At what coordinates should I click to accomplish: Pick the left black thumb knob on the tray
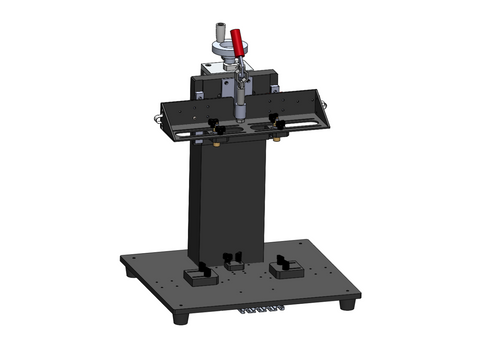click(x=215, y=125)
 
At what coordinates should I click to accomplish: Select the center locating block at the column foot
click(x=236, y=260)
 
